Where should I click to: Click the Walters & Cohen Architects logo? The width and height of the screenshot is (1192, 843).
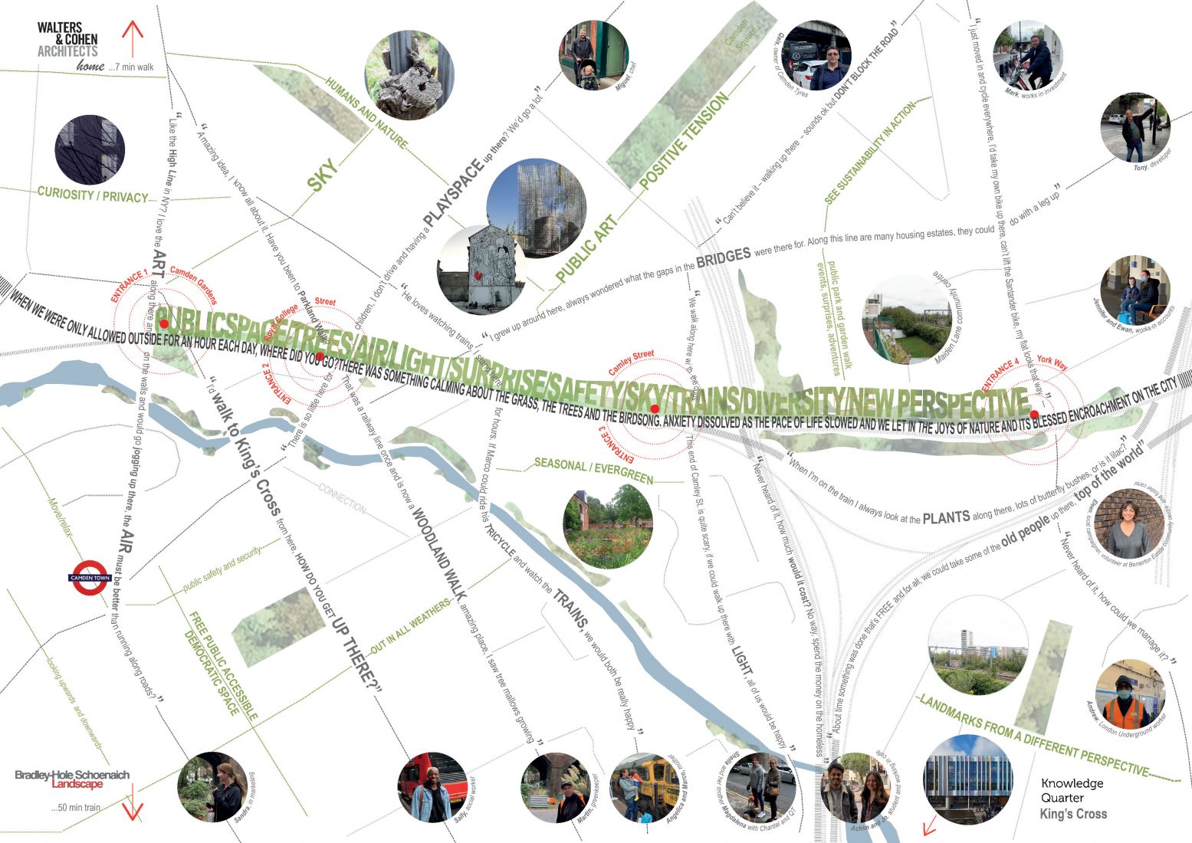pos(67,40)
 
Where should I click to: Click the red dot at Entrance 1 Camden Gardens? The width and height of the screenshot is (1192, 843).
pos(163,324)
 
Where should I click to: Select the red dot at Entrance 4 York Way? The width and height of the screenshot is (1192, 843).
pos(1033,415)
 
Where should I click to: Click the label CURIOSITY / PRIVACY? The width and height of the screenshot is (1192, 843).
pos(92,195)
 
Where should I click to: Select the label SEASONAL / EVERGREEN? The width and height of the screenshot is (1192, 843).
pos(593,471)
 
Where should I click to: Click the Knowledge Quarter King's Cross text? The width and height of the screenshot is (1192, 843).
pos(1072,798)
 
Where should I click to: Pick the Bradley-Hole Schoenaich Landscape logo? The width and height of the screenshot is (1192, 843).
pos(72,779)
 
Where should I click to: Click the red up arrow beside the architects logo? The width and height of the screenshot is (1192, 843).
pos(133,41)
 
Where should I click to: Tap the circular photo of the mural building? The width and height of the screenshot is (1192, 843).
pos(481,270)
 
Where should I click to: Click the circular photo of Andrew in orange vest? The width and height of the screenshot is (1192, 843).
pos(1130,694)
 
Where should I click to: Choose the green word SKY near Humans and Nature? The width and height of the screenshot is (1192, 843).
pos(322,175)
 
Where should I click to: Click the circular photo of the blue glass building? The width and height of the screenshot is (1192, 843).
pos(968,779)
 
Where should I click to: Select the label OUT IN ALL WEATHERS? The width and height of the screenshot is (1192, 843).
pos(412,626)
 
